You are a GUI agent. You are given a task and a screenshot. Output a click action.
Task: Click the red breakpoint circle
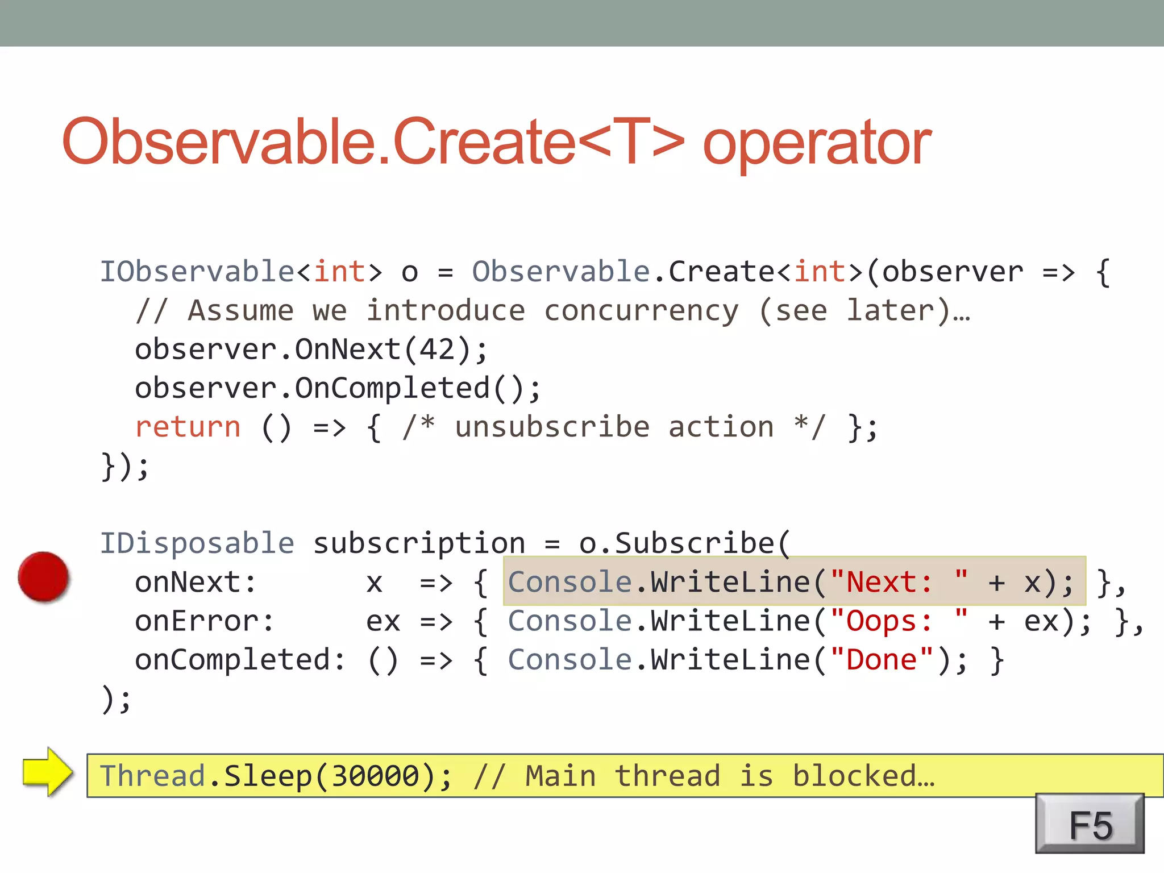[x=43, y=576]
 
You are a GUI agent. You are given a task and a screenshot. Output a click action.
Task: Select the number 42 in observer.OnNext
[x=436, y=349]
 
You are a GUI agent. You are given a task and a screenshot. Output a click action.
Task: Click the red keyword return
[x=188, y=427]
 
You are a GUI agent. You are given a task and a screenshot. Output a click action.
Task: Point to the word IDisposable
[x=197, y=543]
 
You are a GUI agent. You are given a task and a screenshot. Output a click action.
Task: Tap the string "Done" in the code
[x=882, y=660]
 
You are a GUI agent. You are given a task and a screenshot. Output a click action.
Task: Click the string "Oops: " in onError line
[x=899, y=621]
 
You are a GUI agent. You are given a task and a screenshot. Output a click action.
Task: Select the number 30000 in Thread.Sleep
[x=375, y=776]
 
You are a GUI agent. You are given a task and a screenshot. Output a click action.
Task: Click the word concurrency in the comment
[x=642, y=311]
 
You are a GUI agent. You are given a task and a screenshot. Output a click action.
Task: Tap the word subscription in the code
[x=419, y=543]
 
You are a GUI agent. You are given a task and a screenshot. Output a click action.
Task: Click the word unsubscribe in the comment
[x=552, y=427]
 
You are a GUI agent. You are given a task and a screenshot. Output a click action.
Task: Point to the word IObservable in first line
[x=197, y=272]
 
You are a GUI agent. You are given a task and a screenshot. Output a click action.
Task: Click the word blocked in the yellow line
[x=863, y=776]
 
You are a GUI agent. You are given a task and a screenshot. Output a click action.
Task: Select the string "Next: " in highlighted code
[x=899, y=582]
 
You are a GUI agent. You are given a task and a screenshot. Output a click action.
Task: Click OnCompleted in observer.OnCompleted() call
[x=392, y=388]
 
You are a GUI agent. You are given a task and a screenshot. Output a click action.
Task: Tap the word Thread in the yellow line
[x=152, y=776]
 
